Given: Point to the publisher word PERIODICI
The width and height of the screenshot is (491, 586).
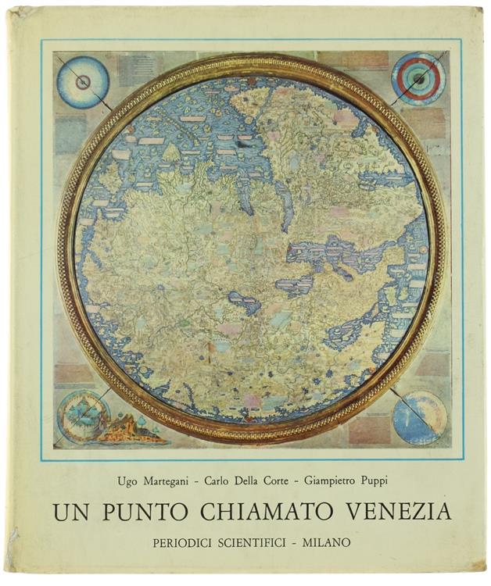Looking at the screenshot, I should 179,539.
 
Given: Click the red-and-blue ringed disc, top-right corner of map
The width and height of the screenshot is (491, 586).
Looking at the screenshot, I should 419,79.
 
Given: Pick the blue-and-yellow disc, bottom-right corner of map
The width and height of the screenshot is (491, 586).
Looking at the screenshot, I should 420,417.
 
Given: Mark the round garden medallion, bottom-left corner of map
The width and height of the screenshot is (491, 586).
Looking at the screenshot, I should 84,416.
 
